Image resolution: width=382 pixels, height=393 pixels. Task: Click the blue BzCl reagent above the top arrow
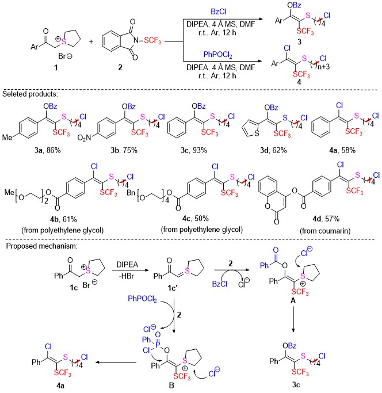point(218,12)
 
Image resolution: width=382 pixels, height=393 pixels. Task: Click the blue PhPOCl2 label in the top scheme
point(217,55)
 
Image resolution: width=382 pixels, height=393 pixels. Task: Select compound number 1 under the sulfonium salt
point(56,67)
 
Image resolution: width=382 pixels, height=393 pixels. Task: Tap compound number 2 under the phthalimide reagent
point(120,67)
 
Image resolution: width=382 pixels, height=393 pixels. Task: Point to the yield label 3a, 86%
point(48,150)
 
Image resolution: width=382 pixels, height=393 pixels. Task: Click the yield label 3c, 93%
point(194,150)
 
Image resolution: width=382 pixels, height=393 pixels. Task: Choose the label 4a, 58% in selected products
point(342,150)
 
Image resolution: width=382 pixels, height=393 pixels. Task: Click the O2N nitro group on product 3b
point(84,138)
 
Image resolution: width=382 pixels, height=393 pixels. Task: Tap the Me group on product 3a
point(7,138)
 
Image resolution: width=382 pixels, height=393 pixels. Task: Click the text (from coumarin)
point(325,231)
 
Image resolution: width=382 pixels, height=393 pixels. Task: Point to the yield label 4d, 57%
point(326,219)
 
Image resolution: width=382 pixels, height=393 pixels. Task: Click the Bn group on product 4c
point(131,193)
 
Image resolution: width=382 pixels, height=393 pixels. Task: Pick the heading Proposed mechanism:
point(42,246)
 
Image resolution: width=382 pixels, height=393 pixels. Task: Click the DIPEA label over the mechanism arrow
point(127,265)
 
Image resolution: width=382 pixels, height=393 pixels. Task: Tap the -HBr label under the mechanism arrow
point(127,276)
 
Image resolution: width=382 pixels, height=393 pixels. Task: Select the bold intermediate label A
point(293,300)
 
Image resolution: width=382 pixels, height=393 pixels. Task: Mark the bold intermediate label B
point(171,385)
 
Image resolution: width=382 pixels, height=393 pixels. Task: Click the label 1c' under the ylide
point(173,288)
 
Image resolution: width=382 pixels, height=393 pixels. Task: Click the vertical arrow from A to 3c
point(293,319)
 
